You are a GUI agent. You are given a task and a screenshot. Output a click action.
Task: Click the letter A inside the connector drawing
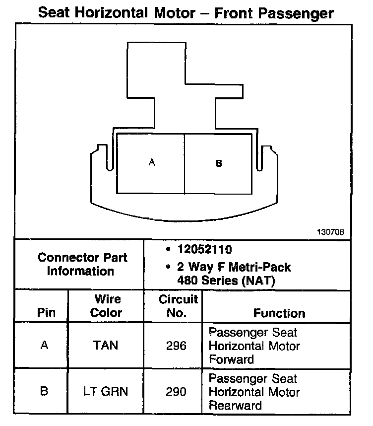click(x=152, y=162)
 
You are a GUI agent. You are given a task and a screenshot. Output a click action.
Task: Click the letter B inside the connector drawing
click(x=219, y=163)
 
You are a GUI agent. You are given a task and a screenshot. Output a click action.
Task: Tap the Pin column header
click(x=46, y=313)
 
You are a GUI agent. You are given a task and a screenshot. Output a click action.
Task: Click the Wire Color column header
click(x=107, y=306)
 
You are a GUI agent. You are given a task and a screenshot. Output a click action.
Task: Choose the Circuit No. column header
click(x=178, y=306)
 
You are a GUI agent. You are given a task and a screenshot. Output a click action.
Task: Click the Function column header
click(x=279, y=313)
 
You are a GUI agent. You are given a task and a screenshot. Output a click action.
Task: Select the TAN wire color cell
click(x=106, y=346)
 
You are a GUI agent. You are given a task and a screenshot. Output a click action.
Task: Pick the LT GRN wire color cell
click(x=106, y=391)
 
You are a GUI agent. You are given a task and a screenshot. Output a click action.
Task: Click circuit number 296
click(x=177, y=346)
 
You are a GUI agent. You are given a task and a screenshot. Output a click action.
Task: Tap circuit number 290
click(x=177, y=392)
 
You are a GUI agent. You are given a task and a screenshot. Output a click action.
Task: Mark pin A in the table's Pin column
click(x=45, y=346)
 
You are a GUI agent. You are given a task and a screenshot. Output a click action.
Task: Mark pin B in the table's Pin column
click(x=45, y=392)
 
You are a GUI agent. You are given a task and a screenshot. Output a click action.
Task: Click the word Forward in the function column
click(x=231, y=359)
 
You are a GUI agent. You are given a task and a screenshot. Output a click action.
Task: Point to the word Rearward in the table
click(x=235, y=405)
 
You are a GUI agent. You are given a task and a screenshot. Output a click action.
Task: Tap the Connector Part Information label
click(x=82, y=265)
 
